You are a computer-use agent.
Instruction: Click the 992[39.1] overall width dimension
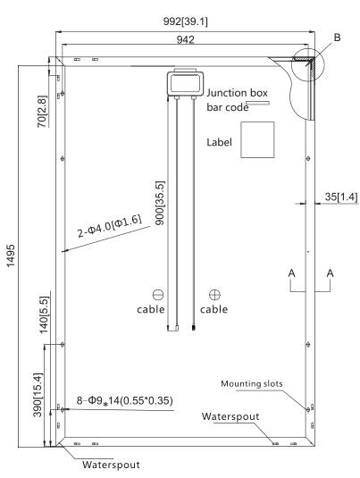pos(185,21)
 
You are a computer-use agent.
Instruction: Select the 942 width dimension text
pos(185,39)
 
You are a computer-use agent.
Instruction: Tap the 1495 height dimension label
pos(11,256)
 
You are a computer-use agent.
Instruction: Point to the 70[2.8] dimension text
pos(42,112)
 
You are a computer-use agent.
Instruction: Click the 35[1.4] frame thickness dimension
pos(341,197)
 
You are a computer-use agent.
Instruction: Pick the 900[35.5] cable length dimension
pos(160,204)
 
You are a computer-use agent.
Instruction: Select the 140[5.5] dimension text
pos(44,314)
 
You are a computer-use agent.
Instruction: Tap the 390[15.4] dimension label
pos(38,395)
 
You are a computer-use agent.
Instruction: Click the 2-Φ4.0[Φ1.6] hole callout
pos(110,226)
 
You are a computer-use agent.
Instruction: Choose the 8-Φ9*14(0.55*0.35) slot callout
pos(124,400)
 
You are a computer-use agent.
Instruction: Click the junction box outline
pos(185,83)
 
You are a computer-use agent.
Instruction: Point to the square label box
pos(257,140)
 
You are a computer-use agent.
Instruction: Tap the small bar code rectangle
pos(258,103)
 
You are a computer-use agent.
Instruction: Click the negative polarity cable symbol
pos(158,295)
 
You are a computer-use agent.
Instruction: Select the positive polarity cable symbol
pos(214,295)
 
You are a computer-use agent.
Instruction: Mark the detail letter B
pos(337,38)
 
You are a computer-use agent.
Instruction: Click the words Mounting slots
pos(252,383)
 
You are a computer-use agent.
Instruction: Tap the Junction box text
pos(237,93)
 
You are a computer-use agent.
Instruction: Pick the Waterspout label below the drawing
pos(111,465)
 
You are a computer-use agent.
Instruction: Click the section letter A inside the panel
pos(292,273)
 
